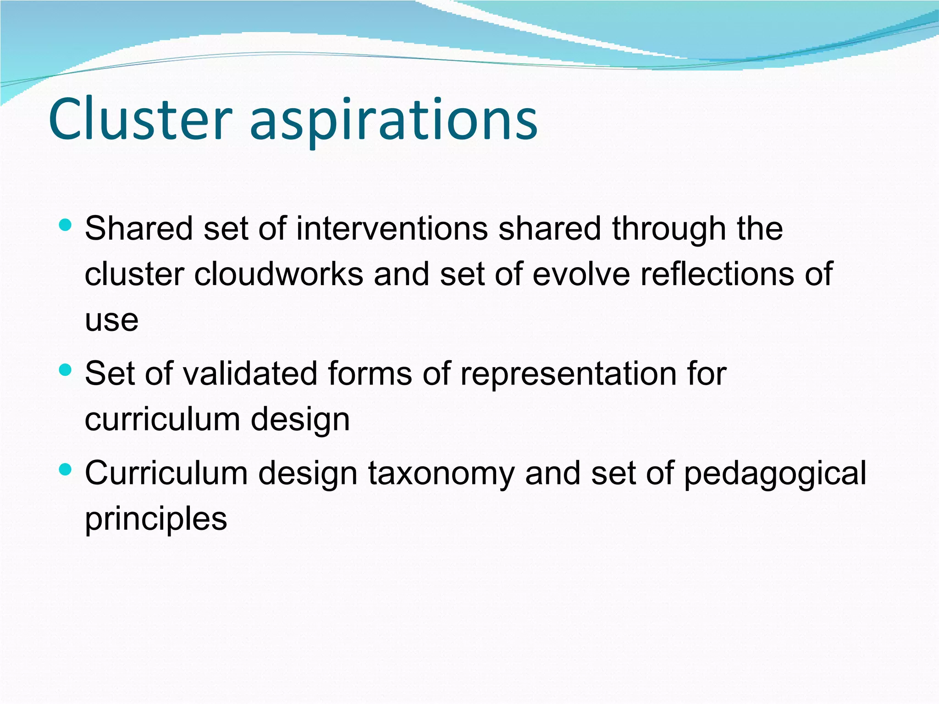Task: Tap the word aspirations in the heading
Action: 393,121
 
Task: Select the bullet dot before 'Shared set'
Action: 66,225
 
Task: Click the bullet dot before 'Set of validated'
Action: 66,370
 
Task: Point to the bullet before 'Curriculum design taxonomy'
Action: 66,469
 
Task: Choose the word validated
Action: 250,373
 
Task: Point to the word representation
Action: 568,373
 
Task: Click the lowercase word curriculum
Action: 162,419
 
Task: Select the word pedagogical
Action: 774,474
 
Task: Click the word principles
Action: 156,520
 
